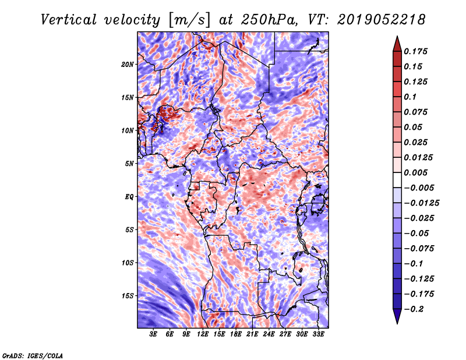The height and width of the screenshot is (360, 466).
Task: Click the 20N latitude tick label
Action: tap(128, 64)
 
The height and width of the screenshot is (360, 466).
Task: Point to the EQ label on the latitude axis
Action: tap(129, 196)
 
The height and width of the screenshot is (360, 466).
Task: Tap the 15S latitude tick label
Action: tap(128, 295)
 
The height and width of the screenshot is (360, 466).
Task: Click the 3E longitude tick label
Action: tap(154, 334)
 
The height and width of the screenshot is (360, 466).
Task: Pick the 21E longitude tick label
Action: tap(252, 334)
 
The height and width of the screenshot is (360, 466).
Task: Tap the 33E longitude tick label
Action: tap(318, 334)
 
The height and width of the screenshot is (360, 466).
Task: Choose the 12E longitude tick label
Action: tap(203, 334)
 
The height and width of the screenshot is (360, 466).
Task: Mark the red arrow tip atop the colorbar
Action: tap(396, 40)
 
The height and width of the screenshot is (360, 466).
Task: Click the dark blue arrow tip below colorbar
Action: tap(396, 320)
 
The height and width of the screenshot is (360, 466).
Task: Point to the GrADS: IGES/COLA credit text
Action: tap(33, 355)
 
